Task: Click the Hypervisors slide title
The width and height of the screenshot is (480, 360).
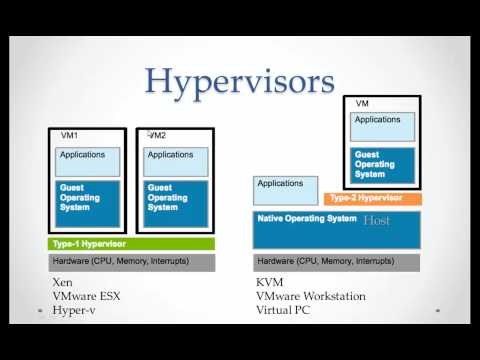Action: [240, 81]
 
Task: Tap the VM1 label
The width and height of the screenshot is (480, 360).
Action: [68, 134]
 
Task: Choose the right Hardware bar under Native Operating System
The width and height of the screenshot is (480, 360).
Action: [340, 262]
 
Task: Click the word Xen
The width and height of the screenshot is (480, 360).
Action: [62, 283]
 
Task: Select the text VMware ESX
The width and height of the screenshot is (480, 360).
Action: [89, 297]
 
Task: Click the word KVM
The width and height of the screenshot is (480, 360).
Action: [270, 283]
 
